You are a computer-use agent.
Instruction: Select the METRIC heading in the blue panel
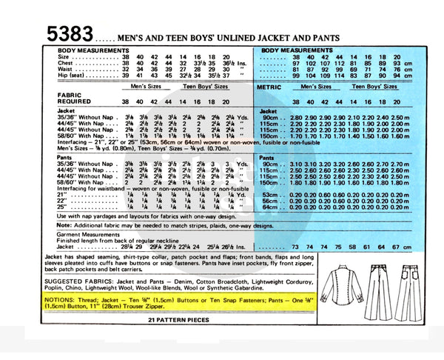tap(272, 87)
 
